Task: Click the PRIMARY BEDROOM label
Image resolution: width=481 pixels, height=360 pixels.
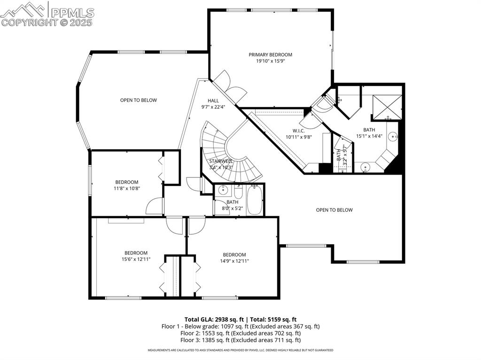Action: point(270,54)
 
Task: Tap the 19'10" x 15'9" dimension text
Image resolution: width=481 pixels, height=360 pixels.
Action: point(270,61)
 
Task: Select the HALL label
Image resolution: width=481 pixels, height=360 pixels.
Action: point(213,100)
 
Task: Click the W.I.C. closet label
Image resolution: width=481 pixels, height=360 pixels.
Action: point(299,131)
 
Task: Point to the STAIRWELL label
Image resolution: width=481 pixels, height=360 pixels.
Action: point(221,161)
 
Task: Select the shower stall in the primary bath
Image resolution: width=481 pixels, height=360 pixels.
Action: point(388,106)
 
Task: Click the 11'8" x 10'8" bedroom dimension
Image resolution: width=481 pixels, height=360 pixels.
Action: point(126,189)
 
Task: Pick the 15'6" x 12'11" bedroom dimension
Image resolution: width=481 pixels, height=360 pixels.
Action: point(136,259)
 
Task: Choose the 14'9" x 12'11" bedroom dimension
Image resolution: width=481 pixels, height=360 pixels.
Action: point(234,261)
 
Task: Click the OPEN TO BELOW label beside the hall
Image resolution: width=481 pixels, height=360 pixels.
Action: point(138,100)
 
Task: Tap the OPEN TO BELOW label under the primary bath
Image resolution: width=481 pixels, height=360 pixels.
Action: point(334,210)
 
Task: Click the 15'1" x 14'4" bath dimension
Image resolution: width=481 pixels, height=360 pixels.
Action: point(369,136)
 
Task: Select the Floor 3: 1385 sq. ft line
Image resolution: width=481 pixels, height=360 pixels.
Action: point(240,340)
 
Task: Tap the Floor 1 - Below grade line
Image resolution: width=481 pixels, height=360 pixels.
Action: point(240,326)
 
